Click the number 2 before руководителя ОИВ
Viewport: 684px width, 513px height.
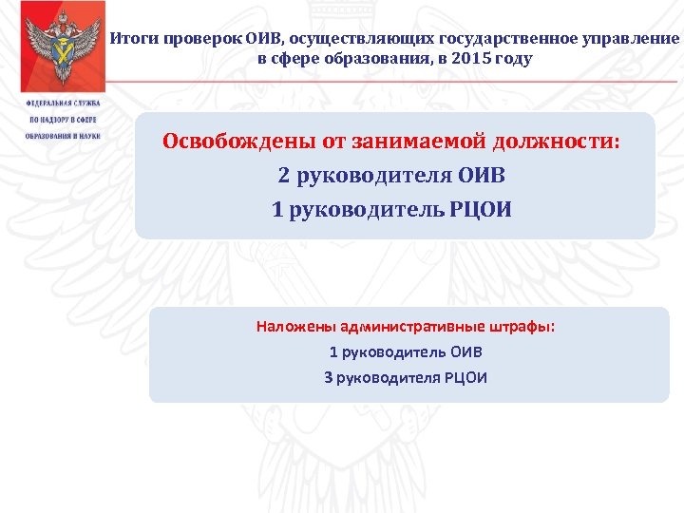tap(283, 176)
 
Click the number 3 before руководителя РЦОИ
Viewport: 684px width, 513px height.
tap(329, 377)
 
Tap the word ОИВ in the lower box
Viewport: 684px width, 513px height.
tap(465, 351)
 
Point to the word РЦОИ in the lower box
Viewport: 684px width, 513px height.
tap(465, 377)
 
